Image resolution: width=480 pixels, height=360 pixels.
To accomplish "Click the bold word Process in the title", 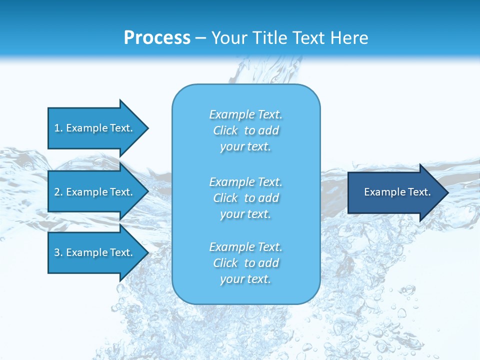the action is coord(157,38).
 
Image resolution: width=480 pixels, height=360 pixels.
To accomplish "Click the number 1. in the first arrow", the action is coord(58,128).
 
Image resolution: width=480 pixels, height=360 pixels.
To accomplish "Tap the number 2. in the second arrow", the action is coord(58,192).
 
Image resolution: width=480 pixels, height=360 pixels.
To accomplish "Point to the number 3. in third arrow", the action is coord(58,252).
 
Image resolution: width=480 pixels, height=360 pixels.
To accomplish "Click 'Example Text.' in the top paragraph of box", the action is coord(245,114).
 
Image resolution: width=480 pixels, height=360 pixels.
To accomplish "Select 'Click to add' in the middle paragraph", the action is coord(245,198).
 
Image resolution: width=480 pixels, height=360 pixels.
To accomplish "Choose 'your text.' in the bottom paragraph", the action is coord(245,279).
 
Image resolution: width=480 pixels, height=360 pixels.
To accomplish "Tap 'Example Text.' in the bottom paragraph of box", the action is coord(245,247).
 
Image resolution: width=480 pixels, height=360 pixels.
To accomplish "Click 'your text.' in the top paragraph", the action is coord(245,146).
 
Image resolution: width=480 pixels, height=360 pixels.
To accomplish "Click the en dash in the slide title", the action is coord(201,38).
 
